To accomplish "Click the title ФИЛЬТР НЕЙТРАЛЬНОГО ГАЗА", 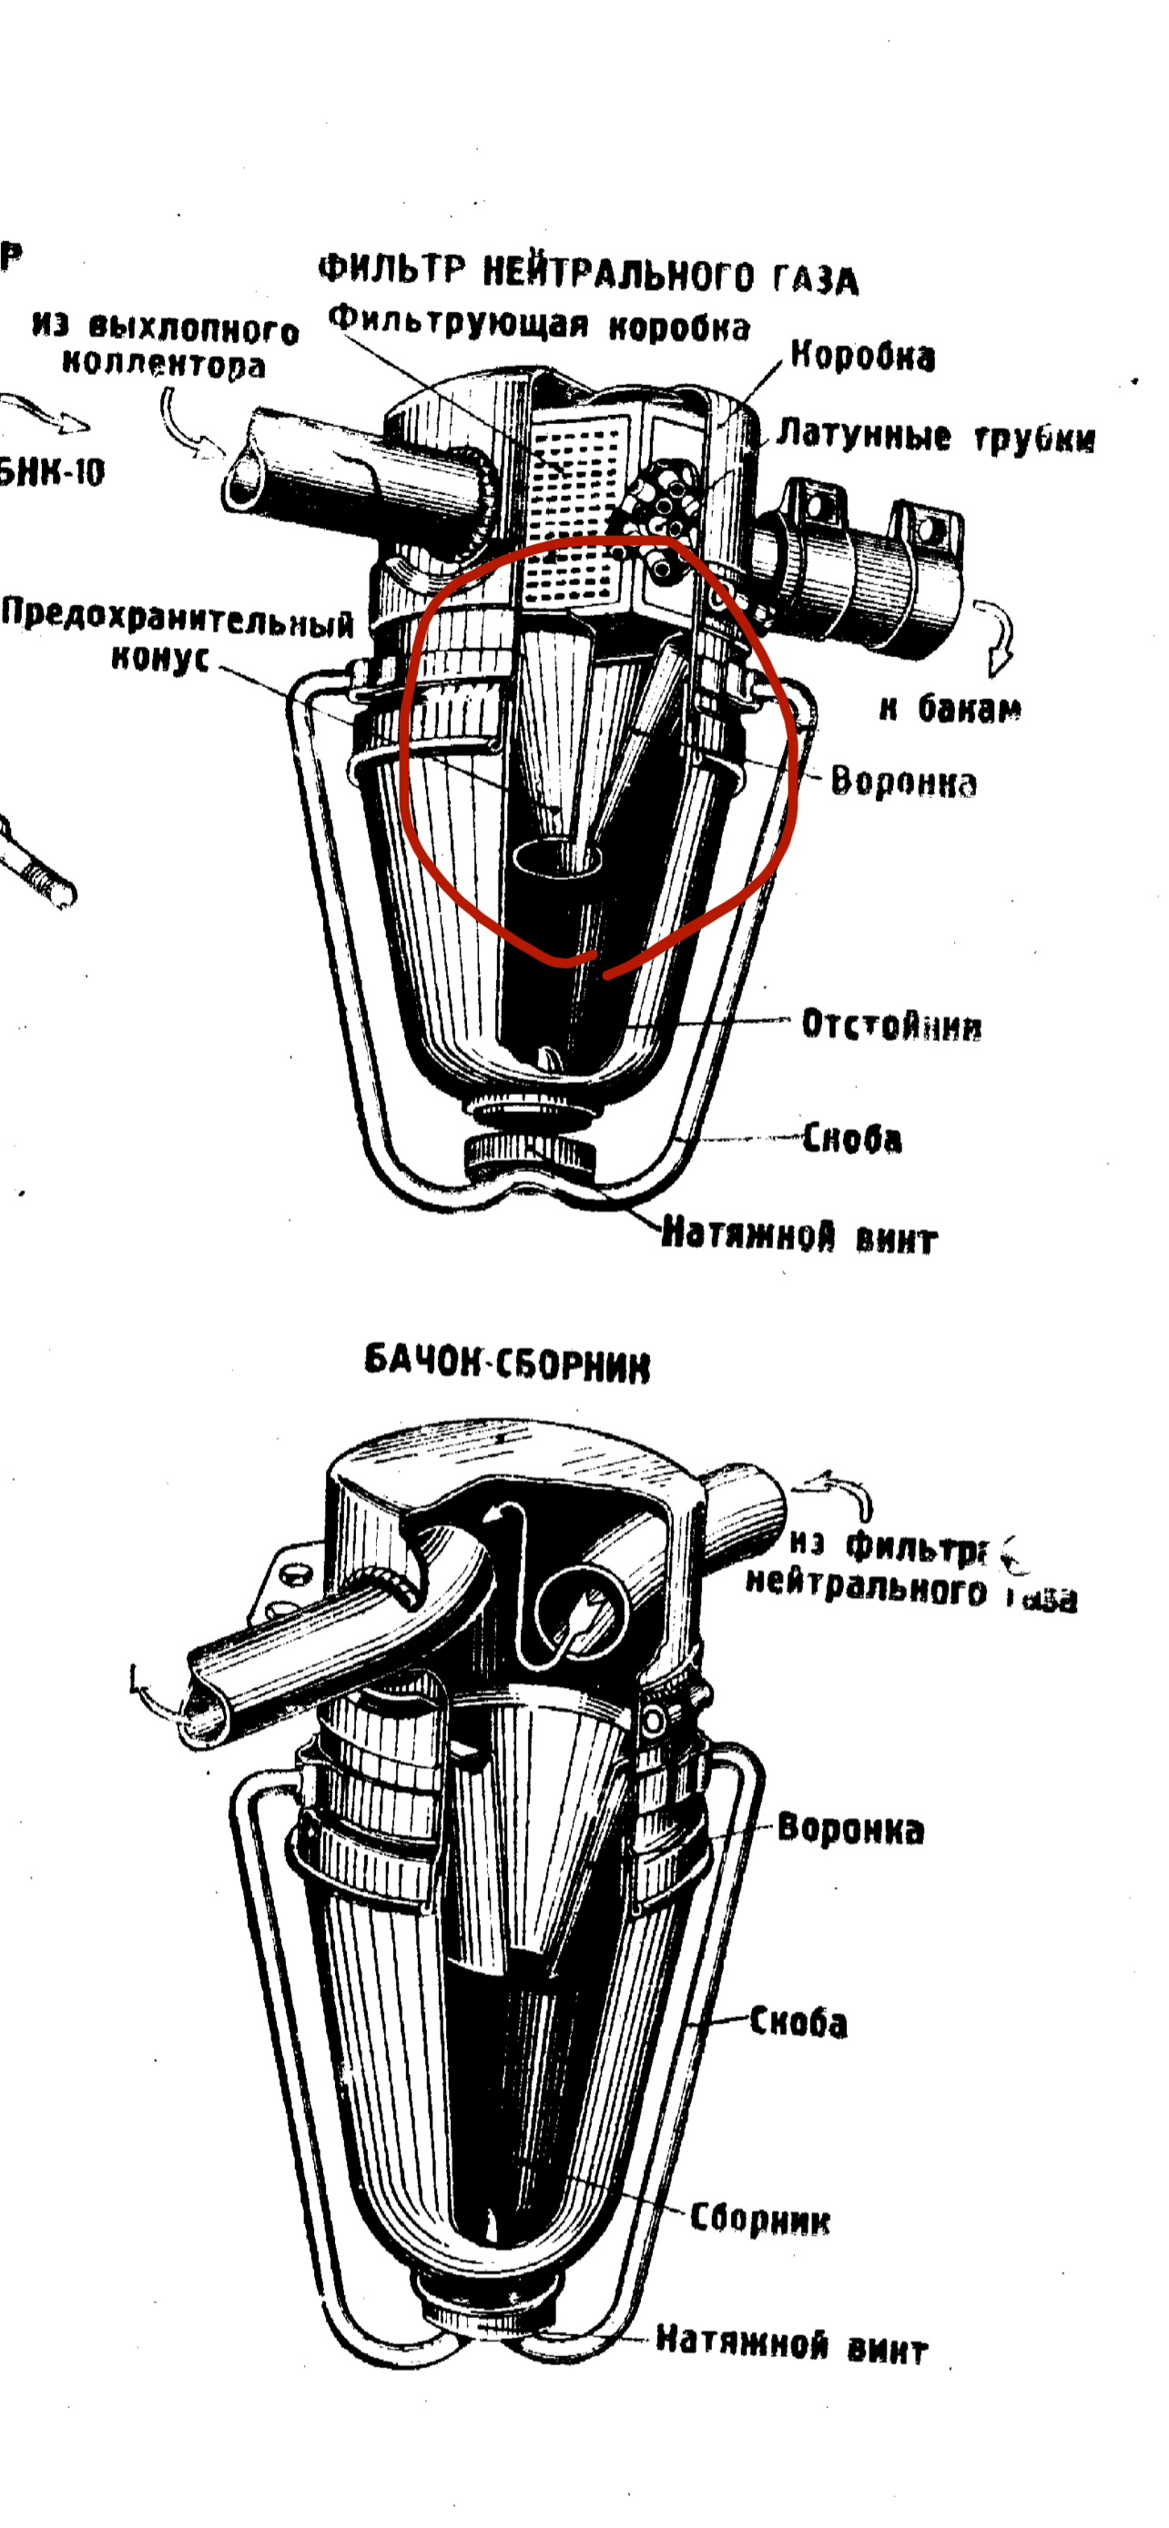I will click(x=588, y=274).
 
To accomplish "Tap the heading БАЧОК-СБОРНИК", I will click(x=506, y=1362).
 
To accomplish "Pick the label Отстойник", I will click(x=891, y=1025).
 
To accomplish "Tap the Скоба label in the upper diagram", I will click(x=851, y=1138).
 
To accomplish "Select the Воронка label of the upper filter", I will click(x=903, y=782).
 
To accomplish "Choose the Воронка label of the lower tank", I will click(x=850, y=1829).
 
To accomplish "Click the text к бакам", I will click(x=950, y=708).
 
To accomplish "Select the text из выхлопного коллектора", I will click(x=165, y=346).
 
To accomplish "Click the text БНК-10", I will click(x=51, y=473).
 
